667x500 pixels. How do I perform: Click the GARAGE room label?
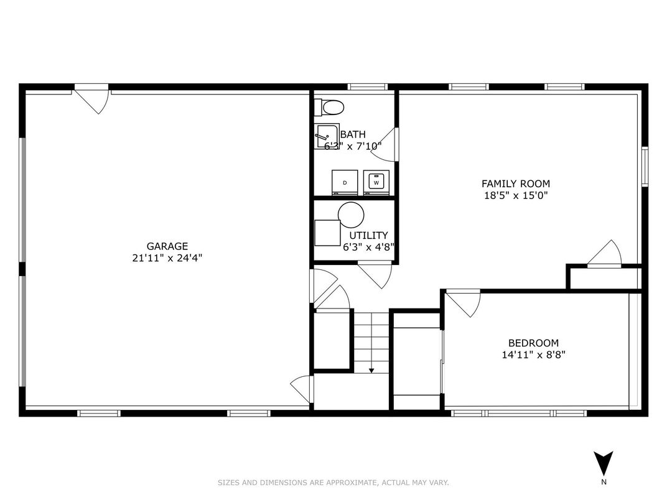tap(167, 246)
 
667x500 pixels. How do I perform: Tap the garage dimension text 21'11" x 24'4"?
tap(167, 258)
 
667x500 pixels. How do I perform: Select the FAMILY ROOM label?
tap(516, 183)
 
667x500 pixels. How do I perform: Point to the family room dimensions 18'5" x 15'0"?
tap(516, 195)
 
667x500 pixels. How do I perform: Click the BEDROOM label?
tap(533, 343)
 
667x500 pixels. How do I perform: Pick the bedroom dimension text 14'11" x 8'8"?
tap(533, 354)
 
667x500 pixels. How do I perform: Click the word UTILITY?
tap(368, 235)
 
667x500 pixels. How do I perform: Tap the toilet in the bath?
tap(329, 108)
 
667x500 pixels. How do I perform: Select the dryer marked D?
tap(345, 183)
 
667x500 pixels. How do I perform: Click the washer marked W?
tap(376, 183)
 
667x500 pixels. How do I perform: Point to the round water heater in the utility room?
tap(351, 215)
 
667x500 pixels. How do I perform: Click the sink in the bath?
tap(327, 136)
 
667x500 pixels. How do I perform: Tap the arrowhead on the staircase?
tap(371, 371)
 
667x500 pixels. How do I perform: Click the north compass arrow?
tap(604, 463)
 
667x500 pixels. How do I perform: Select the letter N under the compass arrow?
tap(604, 482)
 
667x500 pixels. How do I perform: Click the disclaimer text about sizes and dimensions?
tap(333, 483)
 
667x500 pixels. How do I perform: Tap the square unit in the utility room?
tap(327, 233)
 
